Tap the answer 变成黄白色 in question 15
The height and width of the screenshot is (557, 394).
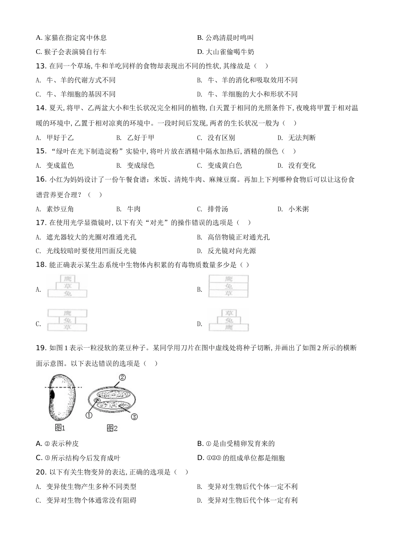224,165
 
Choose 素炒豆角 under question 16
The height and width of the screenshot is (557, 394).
60,209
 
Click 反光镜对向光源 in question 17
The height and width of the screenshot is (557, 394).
232,251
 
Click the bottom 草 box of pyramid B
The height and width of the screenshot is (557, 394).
229,293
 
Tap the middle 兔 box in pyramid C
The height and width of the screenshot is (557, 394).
68,320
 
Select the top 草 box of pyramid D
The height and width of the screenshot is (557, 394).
229,313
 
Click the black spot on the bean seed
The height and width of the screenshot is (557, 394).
52,393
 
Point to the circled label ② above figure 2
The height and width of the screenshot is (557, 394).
122,378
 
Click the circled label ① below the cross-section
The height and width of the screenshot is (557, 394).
89,415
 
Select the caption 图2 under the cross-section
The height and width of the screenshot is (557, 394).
112,428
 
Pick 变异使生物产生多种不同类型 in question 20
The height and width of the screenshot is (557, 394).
91,487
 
